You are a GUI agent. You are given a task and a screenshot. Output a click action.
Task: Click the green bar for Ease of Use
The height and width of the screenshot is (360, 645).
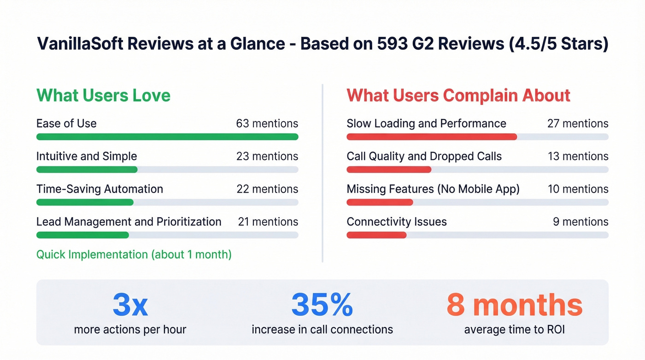[x=167, y=137]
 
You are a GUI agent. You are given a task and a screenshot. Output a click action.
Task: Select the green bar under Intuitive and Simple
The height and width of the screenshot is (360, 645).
[x=87, y=170]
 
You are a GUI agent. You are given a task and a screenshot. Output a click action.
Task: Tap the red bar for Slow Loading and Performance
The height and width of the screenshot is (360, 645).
[x=431, y=137]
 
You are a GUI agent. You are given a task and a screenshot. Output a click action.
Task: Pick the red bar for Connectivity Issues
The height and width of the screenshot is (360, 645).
[x=376, y=235]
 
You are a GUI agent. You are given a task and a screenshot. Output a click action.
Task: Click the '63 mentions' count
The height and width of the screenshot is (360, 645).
[x=267, y=124]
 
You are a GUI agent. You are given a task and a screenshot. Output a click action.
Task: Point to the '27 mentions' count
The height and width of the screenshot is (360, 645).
[x=577, y=124]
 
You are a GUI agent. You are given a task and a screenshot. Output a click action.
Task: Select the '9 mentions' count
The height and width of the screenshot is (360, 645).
[x=580, y=222]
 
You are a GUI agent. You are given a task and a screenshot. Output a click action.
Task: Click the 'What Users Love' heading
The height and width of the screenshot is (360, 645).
[x=103, y=95]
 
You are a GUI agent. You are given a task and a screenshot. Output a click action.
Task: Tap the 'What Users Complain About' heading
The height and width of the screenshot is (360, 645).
[x=458, y=95]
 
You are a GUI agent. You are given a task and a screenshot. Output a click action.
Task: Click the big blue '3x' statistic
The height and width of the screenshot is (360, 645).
[x=130, y=305]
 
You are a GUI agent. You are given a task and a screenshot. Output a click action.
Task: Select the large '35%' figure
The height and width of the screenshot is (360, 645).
[x=322, y=305]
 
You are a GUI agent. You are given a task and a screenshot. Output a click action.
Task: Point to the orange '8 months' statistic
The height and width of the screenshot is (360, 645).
[x=514, y=305]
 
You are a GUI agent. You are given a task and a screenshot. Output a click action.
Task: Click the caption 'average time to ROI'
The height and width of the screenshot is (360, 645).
[x=514, y=330]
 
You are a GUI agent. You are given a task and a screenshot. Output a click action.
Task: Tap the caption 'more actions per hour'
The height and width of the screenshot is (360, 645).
[x=130, y=330]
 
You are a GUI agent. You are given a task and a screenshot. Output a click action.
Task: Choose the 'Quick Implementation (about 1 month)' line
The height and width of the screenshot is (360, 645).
[x=134, y=254]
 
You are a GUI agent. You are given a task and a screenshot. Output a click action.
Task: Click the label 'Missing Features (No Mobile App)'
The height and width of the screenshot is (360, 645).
[x=433, y=189]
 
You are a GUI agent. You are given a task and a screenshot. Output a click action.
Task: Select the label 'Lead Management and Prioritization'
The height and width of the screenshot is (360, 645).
[x=129, y=222]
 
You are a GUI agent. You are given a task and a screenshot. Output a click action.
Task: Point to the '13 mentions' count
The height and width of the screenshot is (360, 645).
[x=577, y=156]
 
